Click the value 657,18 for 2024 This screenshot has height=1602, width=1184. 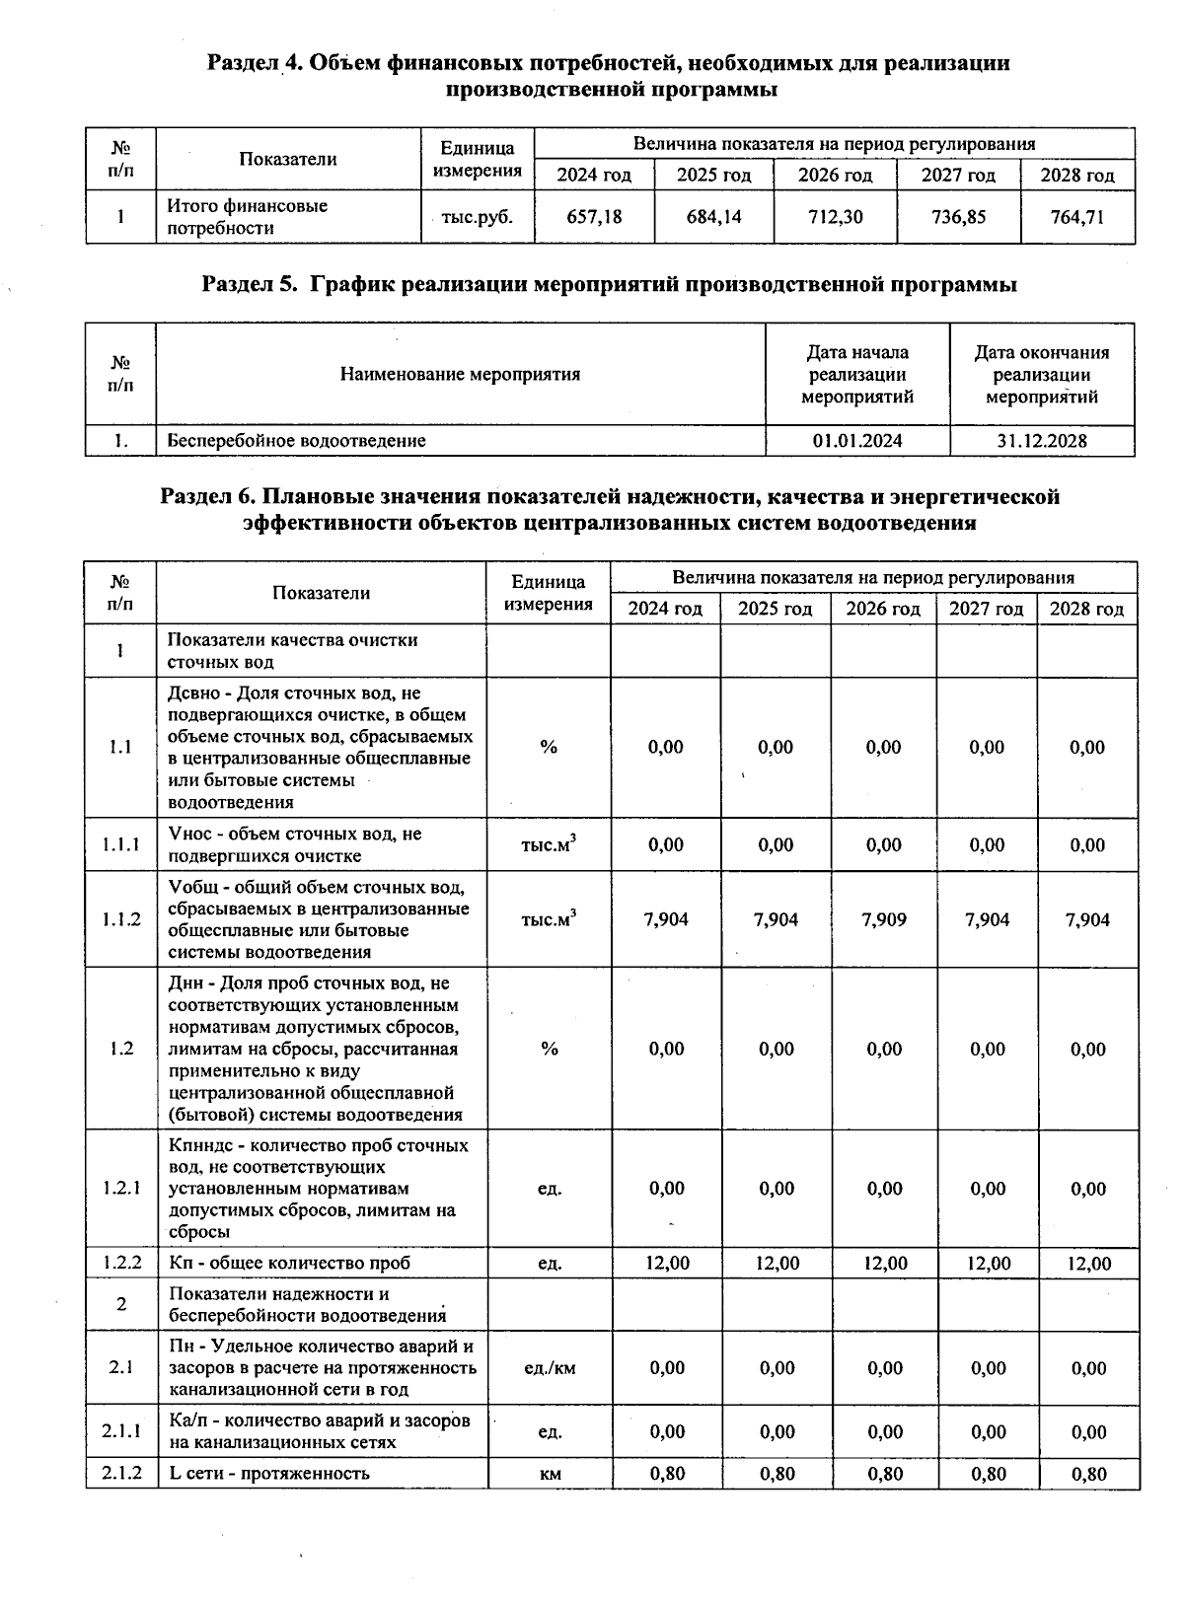coord(594,217)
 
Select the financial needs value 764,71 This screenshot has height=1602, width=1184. coord(1076,217)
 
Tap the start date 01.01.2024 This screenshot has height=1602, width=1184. coord(856,441)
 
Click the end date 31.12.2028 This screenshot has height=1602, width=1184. coord(1041,441)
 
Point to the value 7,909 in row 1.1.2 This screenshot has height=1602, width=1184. coord(883,919)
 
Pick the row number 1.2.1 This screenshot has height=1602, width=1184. coord(120,1188)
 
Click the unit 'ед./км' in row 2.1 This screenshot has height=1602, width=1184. coord(549,1368)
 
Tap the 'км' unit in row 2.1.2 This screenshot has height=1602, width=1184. coord(550,1474)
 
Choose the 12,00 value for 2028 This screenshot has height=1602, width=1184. coord(1088,1264)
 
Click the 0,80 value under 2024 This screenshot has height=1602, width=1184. coord(667,1474)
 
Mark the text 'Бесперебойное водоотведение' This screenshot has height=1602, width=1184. coord(296,441)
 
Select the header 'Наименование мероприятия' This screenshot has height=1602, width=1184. coord(460,375)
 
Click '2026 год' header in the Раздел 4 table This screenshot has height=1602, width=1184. coord(835,176)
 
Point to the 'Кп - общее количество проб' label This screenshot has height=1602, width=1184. coord(289,1264)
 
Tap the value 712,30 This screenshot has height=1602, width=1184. coord(835,217)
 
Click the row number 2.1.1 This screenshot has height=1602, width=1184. coord(120,1431)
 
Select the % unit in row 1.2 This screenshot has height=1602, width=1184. coord(549,1049)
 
